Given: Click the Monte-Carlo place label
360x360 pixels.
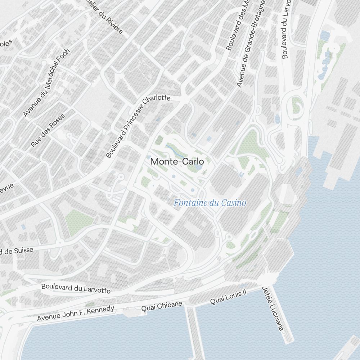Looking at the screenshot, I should [x=177, y=162].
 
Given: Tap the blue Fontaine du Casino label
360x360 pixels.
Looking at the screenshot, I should [x=210, y=203].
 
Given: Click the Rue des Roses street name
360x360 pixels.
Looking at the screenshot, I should [x=48, y=130].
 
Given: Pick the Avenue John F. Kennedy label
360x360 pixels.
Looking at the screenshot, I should [x=76, y=313].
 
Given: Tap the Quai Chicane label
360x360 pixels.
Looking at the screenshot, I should [x=162, y=306].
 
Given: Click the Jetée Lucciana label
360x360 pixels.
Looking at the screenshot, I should [x=273, y=309].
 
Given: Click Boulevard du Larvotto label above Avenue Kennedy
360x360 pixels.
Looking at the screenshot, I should [x=76, y=288].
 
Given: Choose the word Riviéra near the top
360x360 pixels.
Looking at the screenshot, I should [x=113, y=25].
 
